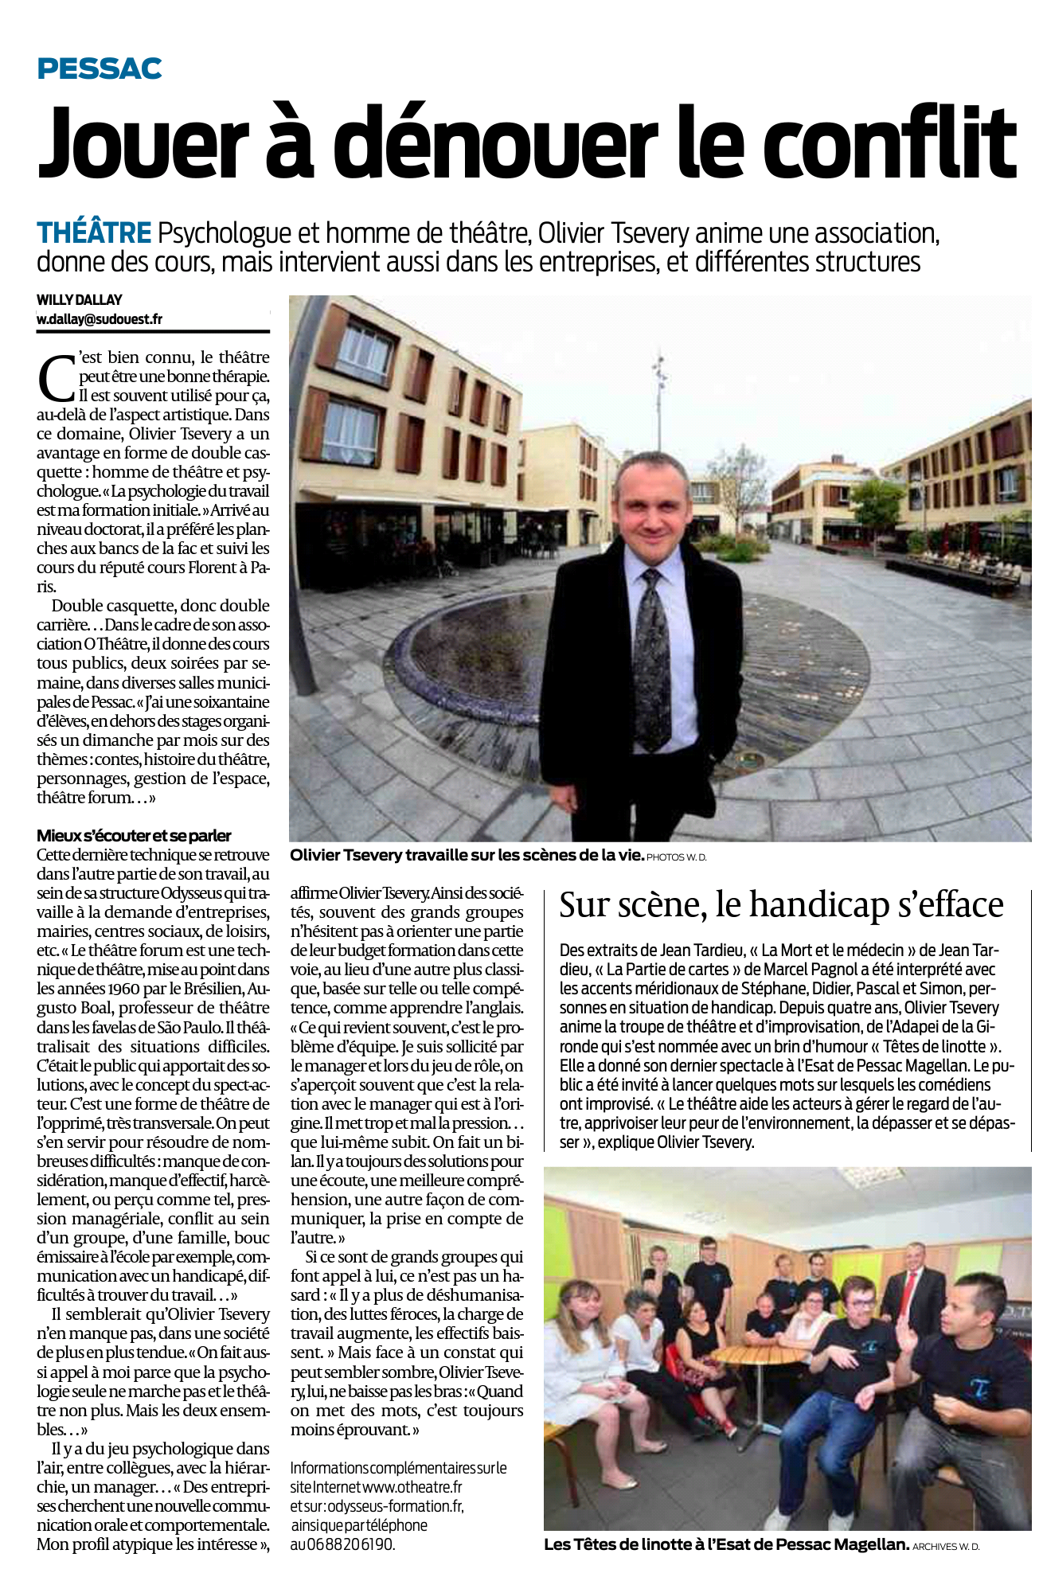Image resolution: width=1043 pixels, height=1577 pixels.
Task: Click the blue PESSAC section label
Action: pos(100,69)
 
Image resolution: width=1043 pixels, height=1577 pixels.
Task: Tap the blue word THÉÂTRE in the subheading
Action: pos(94,233)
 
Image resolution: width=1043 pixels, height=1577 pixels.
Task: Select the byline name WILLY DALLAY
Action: pos(80,300)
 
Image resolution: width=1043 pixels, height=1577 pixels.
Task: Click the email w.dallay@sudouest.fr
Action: pos(100,319)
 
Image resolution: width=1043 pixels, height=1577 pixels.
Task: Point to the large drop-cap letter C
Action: pos(55,377)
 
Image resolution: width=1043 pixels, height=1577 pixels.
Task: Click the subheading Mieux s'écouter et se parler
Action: pos(134,836)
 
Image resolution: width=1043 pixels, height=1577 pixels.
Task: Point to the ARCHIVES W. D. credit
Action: pos(947,1547)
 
